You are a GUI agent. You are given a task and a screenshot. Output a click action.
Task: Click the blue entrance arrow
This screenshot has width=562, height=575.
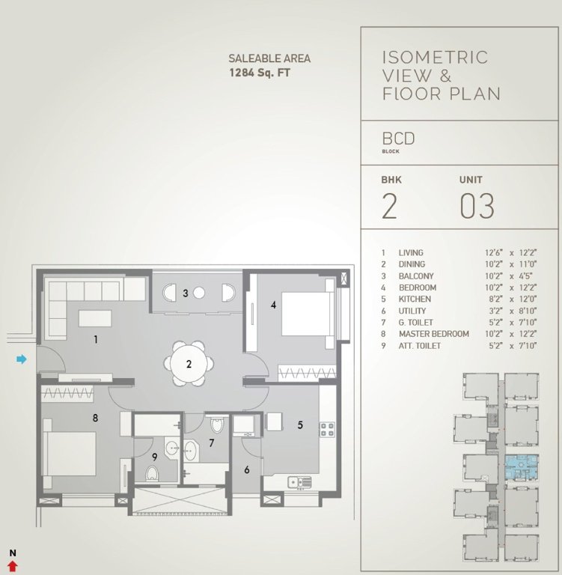tap(22, 360)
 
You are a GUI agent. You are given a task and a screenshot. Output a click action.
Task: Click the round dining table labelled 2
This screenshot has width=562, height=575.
tap(189, 365)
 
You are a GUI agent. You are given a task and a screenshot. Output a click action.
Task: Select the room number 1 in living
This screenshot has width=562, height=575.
tap(96, 339)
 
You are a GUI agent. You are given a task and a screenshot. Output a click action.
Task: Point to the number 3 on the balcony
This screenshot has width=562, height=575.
tap(185, 293)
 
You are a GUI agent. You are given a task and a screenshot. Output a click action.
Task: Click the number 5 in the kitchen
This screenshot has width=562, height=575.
tap(299, 425)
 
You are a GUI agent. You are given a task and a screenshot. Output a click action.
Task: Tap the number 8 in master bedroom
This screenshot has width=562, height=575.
tap(95, 418)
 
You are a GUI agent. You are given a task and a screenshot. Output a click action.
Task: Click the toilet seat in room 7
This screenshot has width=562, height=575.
tap(217, 425)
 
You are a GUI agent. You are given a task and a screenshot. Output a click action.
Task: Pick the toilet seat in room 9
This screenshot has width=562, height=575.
tap(152, 473)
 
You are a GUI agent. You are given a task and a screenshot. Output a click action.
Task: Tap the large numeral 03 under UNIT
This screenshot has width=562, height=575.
tap(477, 207)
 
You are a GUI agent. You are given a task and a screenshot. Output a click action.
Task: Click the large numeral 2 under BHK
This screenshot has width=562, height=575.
tap(389, 207)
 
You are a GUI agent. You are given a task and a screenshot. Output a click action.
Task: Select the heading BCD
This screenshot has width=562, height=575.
tap(398, 139)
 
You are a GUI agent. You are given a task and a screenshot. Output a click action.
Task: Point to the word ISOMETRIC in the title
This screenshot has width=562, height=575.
tap(434, 58)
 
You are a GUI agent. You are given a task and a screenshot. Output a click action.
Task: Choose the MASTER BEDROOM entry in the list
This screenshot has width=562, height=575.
tap(433, 333)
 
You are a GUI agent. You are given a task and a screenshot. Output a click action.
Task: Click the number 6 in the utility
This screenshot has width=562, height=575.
tap(246, 469)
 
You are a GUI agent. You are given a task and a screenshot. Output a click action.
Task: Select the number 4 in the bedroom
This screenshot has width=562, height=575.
tap(274, 305)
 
